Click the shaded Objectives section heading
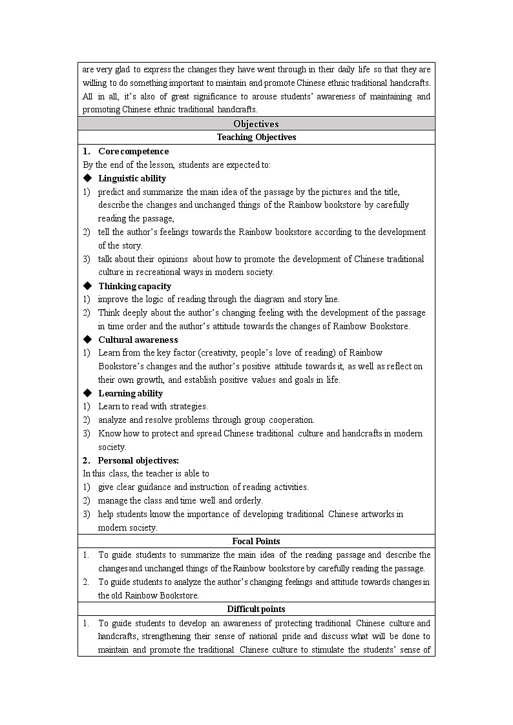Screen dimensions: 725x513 [256, 124]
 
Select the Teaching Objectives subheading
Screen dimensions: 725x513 [256, 138]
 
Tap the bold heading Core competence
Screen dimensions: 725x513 [133, 151]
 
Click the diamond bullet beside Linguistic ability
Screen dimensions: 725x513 [87, 178]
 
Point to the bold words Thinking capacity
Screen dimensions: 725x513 [134, 286]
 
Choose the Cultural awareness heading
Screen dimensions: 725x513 [138, 340]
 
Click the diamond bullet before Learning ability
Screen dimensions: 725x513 [87, 393]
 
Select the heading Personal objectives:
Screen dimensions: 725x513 [138, 460]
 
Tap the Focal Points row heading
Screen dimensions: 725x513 [256, 542]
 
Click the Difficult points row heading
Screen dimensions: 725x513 [256, 609]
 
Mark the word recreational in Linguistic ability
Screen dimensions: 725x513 [159, 272]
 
